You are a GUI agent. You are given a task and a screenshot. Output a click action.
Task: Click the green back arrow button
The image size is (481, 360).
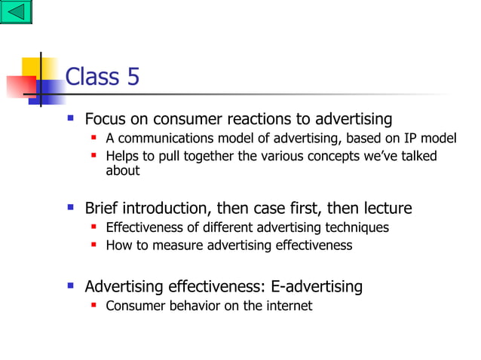tap(16, 12)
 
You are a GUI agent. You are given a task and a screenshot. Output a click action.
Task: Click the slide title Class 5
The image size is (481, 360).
tap(103, 77)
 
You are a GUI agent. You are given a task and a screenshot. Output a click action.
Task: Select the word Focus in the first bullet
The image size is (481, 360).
tap(104, 119)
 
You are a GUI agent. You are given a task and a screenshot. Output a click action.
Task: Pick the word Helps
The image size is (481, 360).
tap(122, 156)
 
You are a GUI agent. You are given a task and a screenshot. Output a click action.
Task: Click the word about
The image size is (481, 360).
tap(123, 170)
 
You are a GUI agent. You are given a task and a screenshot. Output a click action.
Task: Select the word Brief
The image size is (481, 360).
tap(103, 208)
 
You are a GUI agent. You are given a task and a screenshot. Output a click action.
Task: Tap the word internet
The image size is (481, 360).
tap(290, 306)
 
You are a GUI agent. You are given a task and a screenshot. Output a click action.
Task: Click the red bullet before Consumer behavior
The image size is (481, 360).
tap(94, 305)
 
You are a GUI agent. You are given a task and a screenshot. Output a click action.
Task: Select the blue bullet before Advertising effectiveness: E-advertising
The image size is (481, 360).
tap(71, 285)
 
